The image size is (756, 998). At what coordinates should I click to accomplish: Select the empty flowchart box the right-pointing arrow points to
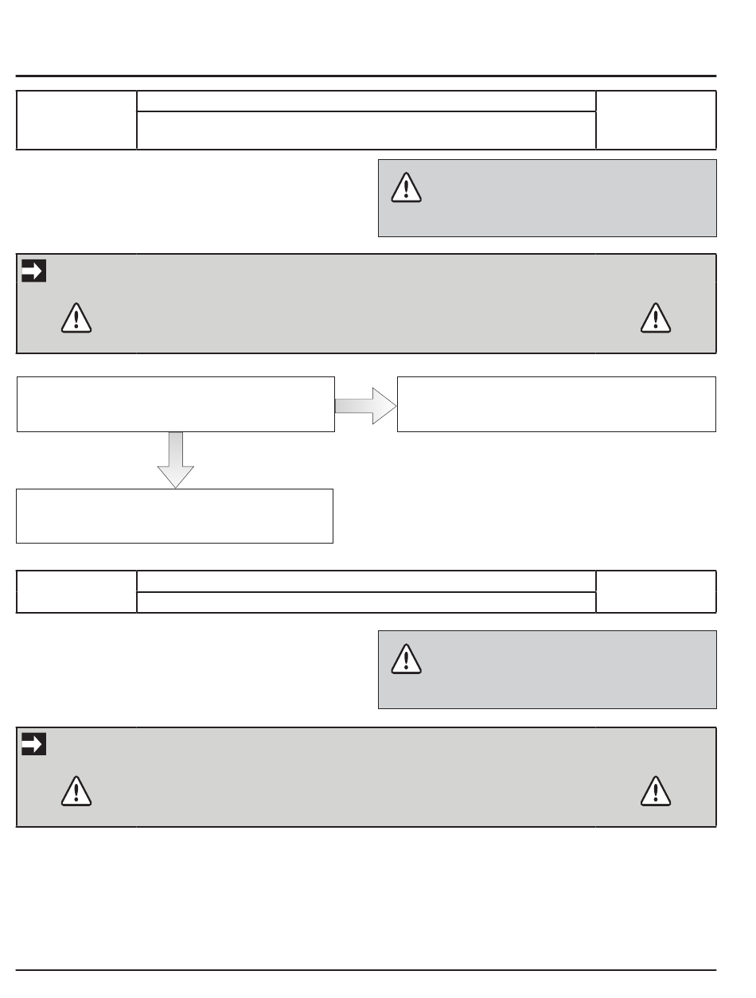pos(556,404)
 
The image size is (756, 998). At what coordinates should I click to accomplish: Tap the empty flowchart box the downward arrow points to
pos(174,516)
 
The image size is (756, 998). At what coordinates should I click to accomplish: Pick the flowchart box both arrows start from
pos(175,404)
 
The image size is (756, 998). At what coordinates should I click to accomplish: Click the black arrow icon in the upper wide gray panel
pos(33,271)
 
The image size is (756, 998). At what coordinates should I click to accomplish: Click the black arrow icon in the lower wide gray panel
pos(33,744)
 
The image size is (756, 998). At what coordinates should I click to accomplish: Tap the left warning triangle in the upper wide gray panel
pos(76,318)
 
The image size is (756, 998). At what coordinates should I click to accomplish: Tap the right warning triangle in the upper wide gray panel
pos(656,318)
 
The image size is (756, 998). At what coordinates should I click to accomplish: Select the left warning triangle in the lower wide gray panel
pos(76,790)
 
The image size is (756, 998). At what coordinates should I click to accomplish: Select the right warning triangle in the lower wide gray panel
pos(656,790)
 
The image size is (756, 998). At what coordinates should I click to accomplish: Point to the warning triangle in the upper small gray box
pos(407,188)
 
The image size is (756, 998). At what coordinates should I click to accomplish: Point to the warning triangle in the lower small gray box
pos(407,659)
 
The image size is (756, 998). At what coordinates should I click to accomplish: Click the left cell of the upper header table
pos(76,120)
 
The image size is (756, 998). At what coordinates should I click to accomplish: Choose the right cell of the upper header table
pos(656,120)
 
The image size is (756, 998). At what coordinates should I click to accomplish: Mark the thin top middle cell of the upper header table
pos(366,101)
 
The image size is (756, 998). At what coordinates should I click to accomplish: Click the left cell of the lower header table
pos(76,591)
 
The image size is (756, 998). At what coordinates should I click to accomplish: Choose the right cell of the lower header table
pos(656,591)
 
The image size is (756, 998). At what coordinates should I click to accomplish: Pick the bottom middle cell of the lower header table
pos(366,602)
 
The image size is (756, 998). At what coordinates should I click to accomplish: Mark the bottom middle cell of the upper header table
pos(366,130)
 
